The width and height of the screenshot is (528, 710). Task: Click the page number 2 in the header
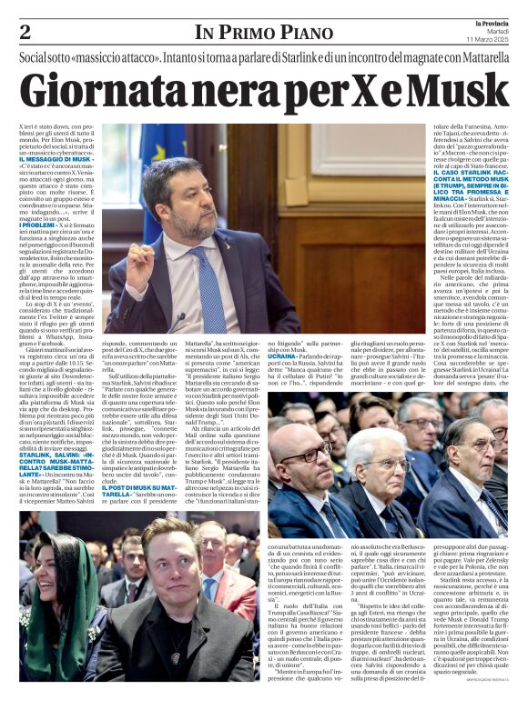coord(25,34)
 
